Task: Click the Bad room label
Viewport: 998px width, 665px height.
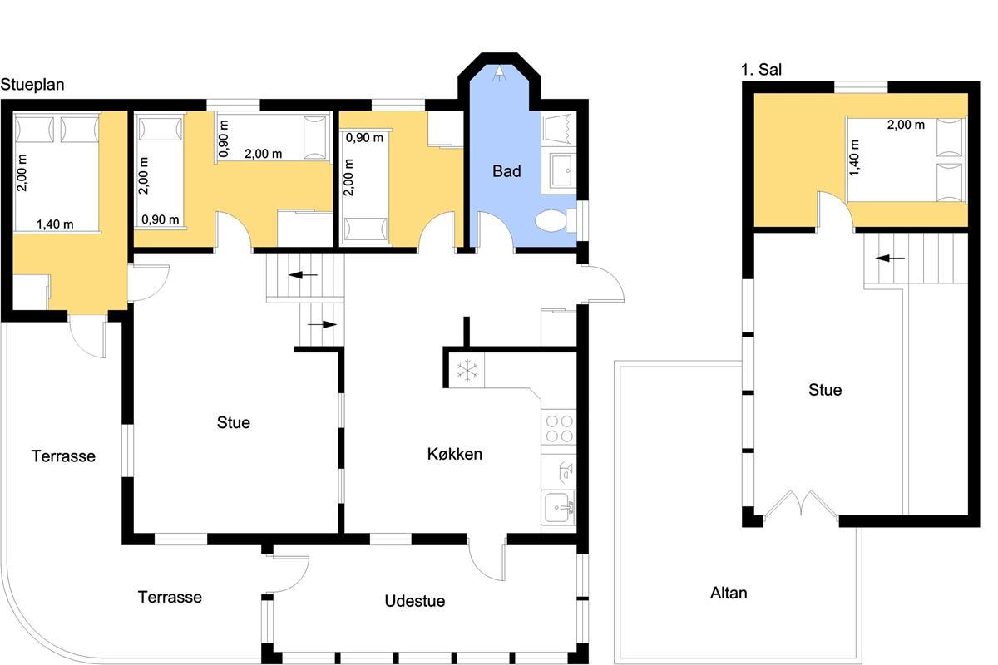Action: (506, 171)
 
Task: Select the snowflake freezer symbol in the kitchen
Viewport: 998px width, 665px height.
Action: (467, 370)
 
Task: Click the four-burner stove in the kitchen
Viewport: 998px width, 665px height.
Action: (559, 428)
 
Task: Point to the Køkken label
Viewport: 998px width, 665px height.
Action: (454, 454)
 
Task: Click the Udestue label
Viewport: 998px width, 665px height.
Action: (415, 601)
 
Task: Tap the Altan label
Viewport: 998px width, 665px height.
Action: (729, 593)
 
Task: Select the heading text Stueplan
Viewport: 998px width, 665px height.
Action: (32, 85)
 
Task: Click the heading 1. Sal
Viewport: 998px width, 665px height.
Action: (762, 70)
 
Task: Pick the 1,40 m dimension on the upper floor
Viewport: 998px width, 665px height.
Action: (854, 158)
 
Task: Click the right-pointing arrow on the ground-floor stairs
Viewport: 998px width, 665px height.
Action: (322, 324)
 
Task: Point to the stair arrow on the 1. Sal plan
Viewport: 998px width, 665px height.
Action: (890, 258)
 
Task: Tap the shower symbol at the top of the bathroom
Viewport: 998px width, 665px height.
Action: (501, 73)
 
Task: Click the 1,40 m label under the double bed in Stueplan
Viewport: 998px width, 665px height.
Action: (55, 224)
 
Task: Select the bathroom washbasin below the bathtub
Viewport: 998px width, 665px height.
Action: (563, 170)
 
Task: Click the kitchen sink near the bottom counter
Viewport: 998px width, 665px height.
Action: (559, 508)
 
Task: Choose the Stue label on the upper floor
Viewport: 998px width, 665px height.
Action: (825, 390)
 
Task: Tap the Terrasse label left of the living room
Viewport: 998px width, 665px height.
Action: (63, 456)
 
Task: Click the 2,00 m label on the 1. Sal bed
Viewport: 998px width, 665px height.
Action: (906, 125)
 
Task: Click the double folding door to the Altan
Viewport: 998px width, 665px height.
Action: (801, 503)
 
